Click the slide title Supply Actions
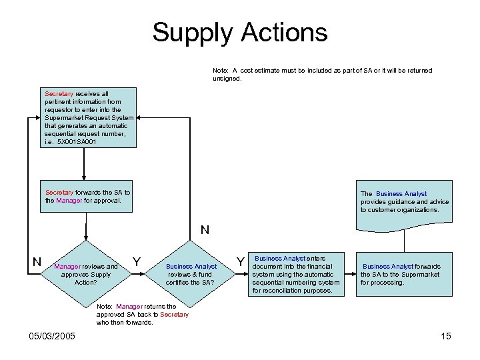(240, 32)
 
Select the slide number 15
(446, 335)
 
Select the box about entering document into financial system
(295, 274)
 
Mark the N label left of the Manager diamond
(37, 261)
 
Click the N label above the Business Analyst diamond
(205, 230)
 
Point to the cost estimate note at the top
(322, 74)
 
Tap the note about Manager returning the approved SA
(143, 314)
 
